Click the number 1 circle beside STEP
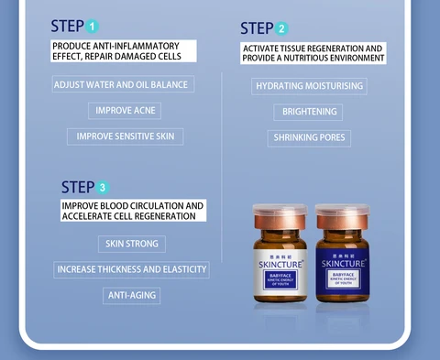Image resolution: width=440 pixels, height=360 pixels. point(93,27)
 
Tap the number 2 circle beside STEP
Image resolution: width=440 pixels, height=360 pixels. point(281,29)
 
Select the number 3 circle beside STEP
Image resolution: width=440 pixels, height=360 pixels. point(103,188)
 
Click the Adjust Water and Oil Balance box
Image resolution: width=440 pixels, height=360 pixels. point(122,84)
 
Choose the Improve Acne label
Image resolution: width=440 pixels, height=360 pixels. point(126,111)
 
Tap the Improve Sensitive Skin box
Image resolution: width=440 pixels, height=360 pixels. point(126,136)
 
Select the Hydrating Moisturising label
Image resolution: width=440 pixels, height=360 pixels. point(310,86)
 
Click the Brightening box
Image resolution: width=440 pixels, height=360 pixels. point(308,112)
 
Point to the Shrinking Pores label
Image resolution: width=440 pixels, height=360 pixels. point(308,138)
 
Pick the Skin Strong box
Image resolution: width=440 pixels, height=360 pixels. point(132,244)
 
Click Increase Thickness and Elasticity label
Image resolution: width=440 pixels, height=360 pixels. point(132,269)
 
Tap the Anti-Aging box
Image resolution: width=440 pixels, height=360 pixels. point(132,295)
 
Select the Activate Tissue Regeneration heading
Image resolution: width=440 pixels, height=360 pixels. point(312,53)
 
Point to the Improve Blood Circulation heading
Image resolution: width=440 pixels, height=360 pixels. point(133,212)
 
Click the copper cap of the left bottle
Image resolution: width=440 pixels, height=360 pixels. point(278,216)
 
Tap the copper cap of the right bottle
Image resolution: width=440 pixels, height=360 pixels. point(342,216)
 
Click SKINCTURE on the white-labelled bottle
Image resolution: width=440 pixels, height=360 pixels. point(279,266)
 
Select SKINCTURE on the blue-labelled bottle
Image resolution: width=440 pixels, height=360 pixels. point(342,265)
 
